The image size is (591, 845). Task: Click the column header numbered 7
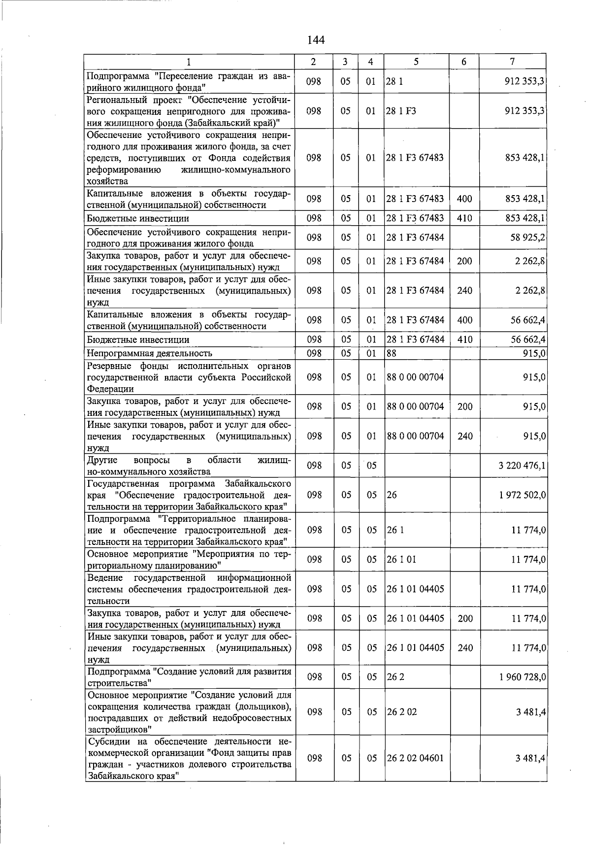(x=513, y=62)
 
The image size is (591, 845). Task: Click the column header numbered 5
(x=416, y=62)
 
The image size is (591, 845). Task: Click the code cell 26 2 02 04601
(x=415, y=758)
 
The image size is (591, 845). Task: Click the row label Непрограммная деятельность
(x=149, y=353)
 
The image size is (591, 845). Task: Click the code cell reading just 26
(x=392, y=495)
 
